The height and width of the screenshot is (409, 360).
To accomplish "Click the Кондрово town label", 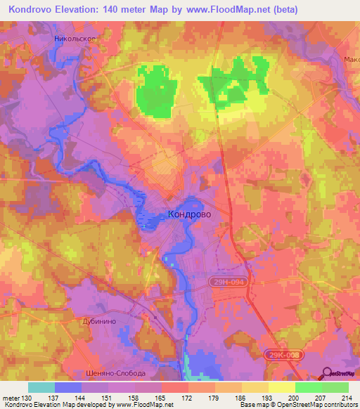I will (189, 214).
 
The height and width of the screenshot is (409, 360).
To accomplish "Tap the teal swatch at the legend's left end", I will (41, 387).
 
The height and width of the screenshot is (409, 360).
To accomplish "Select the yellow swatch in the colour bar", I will (281, 387).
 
